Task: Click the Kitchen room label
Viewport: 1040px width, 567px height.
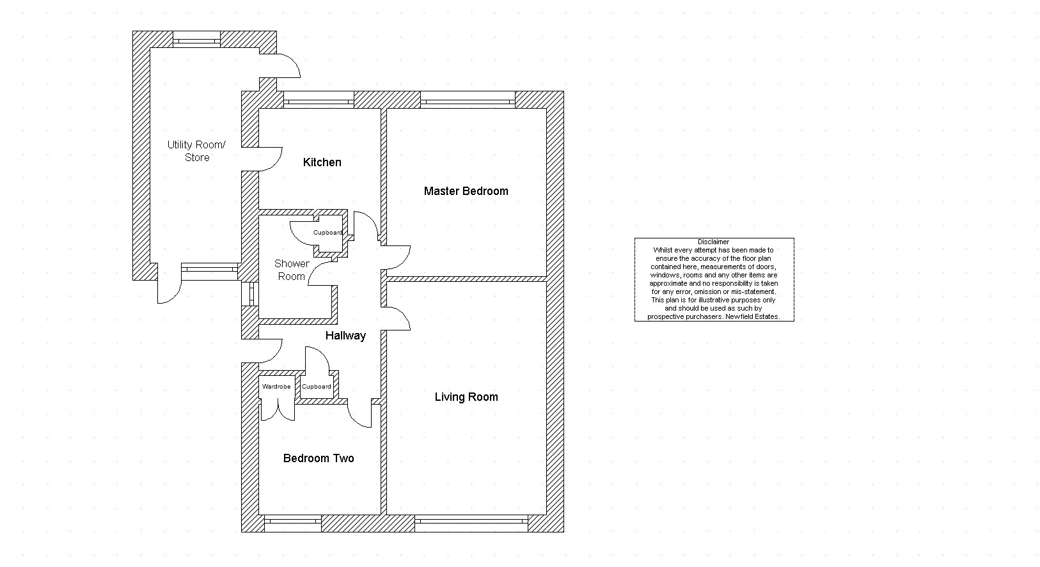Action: (322, 162)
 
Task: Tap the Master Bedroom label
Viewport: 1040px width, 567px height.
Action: (466, 191)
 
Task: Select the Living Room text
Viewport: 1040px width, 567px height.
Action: (466, 397)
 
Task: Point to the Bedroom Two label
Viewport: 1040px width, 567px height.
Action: (319, 458)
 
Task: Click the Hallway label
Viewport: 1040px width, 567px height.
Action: (345, 336)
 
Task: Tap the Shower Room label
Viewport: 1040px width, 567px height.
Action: (292, 270)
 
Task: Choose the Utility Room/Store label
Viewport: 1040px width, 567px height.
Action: (197, 151)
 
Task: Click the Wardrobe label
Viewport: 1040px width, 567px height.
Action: (276, 387)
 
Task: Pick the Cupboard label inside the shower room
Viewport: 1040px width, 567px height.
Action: (327, 233)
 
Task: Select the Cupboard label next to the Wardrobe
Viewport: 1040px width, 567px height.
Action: (316, 387)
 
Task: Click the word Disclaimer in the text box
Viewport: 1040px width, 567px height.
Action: (714, 242)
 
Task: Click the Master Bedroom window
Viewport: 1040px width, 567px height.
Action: (468, 100)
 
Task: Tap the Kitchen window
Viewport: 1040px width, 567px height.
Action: (319, 100)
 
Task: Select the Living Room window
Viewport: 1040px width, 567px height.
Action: (471, 524)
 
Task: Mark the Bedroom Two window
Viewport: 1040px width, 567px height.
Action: (292, 524)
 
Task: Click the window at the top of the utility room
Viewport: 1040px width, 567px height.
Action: (197, 40)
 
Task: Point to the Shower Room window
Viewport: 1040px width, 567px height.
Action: (250, 294)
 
